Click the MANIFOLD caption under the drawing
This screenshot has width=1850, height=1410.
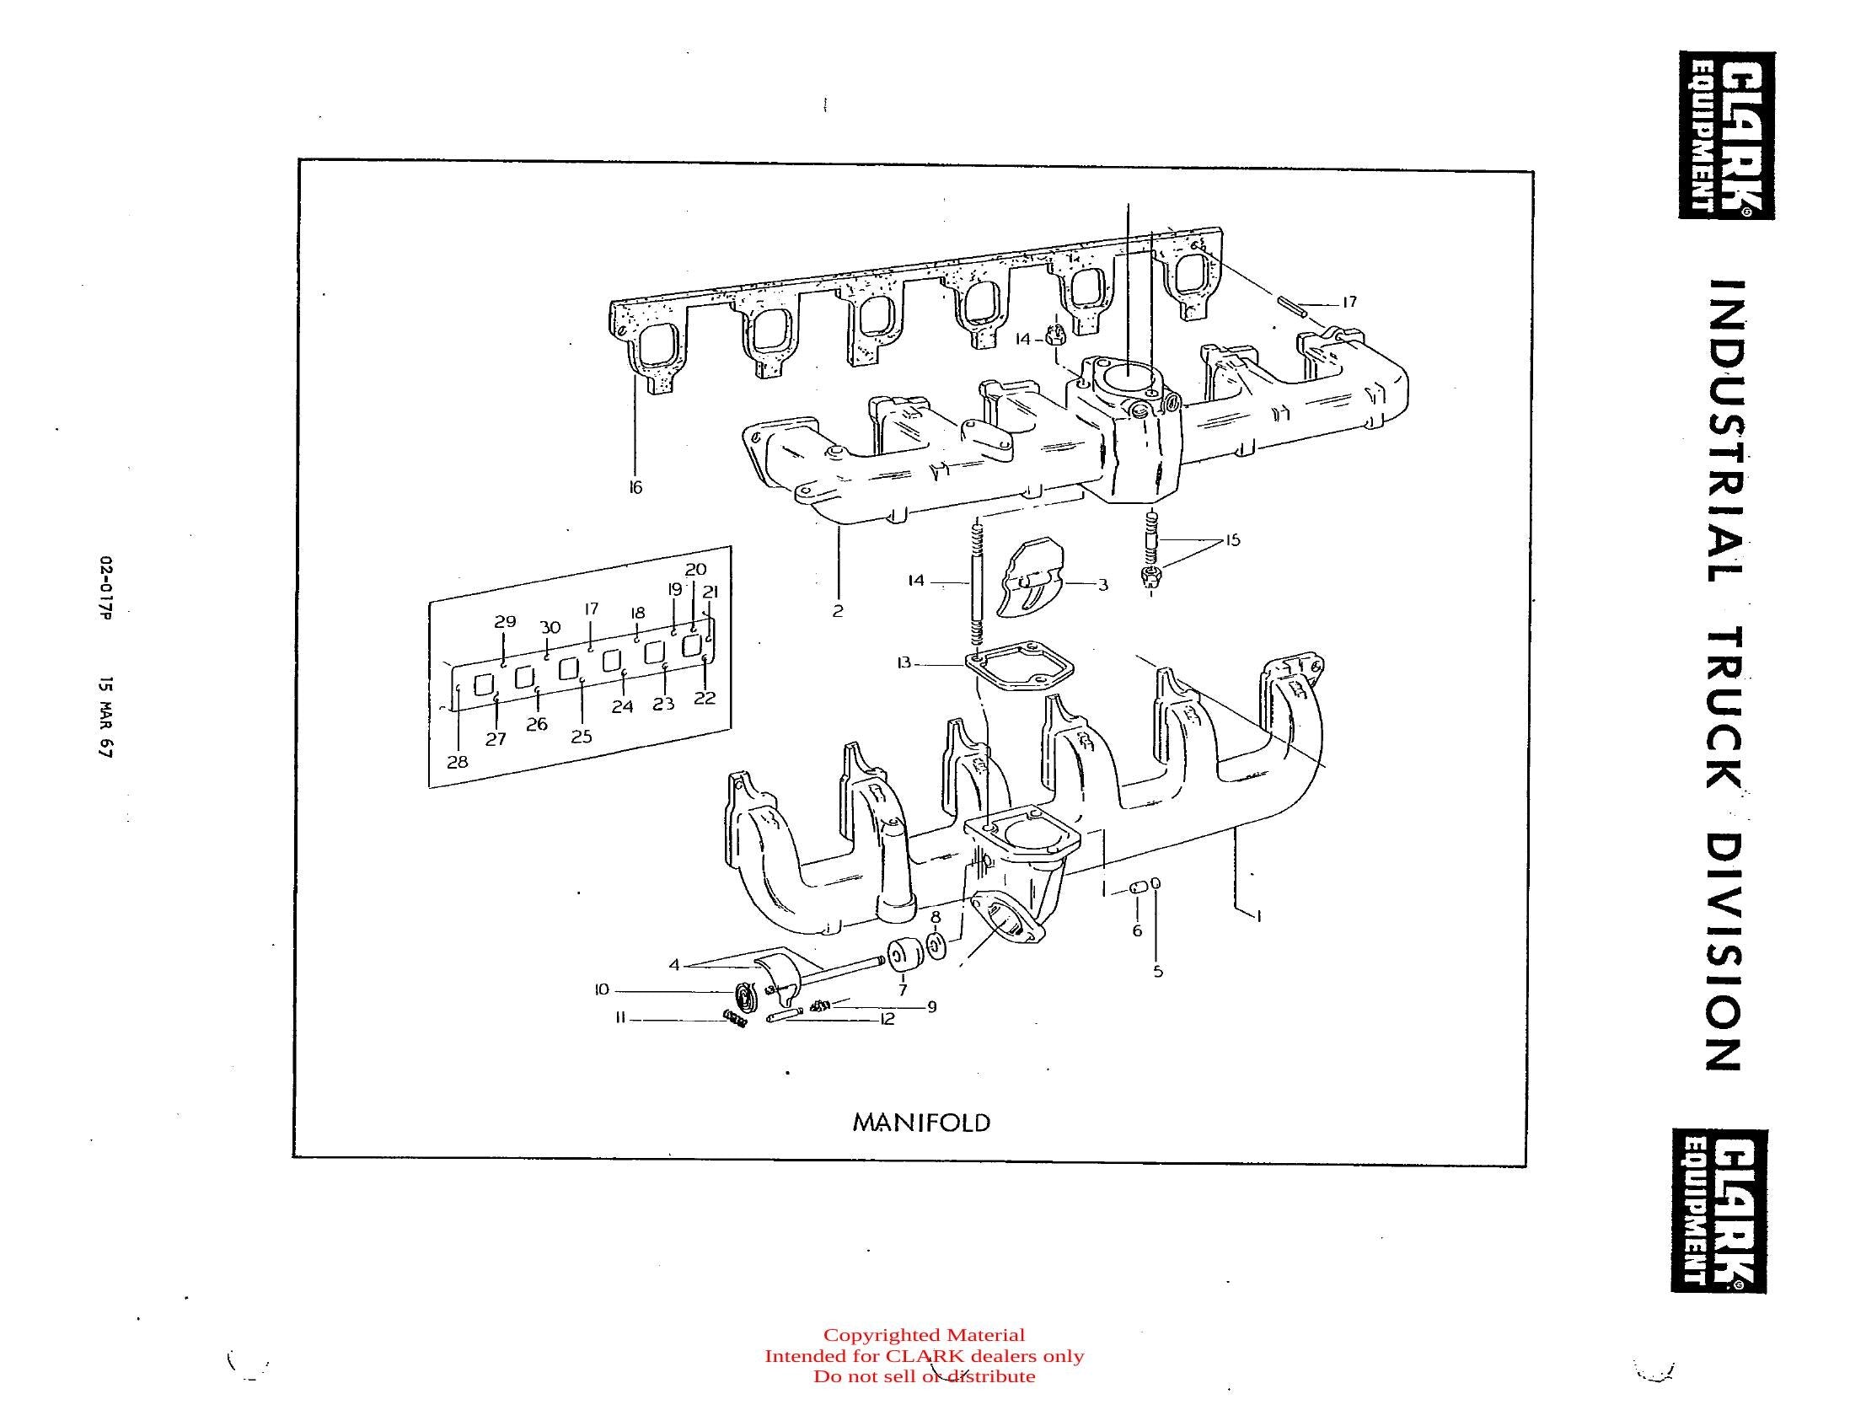(x=922, y=1123)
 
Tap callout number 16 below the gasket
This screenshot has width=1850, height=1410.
(x=635, y=487)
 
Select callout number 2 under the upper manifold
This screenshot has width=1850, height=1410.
(x=837, y=611)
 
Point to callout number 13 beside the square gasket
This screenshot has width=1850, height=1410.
(x=904, y=663)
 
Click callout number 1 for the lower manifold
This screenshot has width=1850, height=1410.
(x=1258, y=915)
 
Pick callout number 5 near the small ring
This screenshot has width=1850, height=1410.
(x=1158, y=971)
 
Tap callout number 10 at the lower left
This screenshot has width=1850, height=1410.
(x=601, y=989)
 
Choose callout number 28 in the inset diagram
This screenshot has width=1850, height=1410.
(x=457, y=762)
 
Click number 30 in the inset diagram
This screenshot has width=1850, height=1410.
(x=550, y=628)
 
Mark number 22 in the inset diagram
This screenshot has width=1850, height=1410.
(x=705, y=698)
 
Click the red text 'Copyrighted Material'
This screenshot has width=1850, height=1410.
(x=924, y=1335)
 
